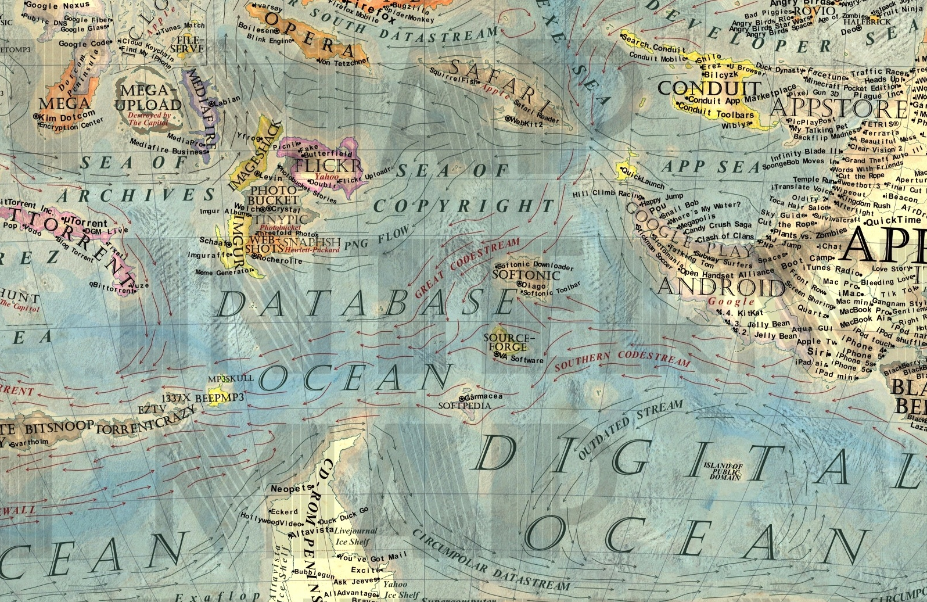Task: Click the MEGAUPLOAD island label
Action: [x=148, y=98]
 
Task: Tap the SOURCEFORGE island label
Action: [x=509, y=342]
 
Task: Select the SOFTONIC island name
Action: [x=526, y=275]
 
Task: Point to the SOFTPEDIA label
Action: [x=465, y=405]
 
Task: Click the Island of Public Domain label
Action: [x=723, y=471]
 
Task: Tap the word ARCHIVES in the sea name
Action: [x=136, y=195]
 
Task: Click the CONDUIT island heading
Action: [x=709, y=88]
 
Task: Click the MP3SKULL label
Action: [x=231, y=378]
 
